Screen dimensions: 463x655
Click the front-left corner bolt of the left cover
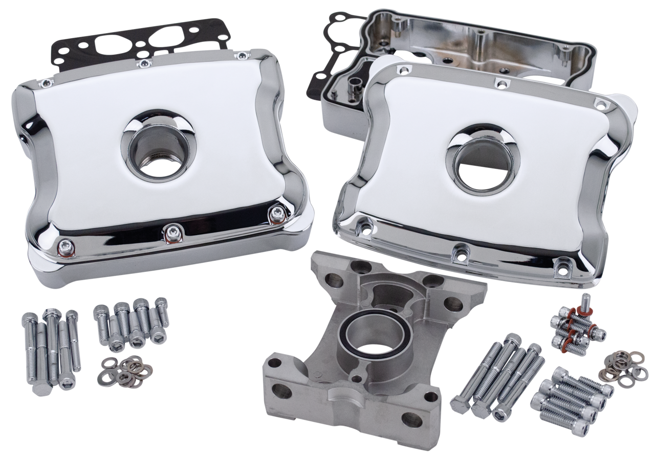(63, 247)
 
